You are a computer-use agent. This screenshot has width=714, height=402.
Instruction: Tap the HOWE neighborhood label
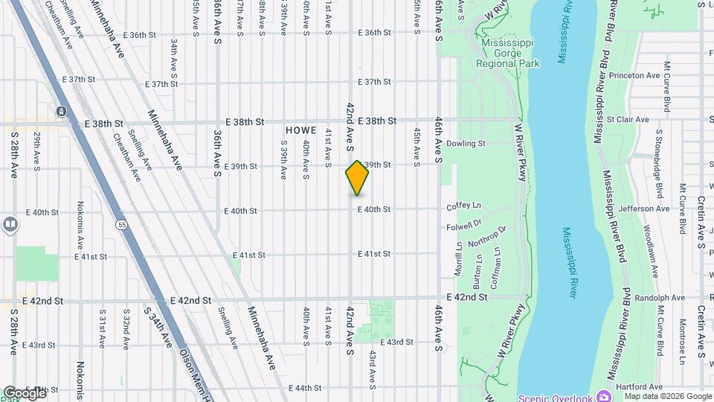pyautogui.click(x=300, y=130)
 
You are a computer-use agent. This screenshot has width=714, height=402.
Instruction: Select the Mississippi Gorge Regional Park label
pyautogui.click(x=509, y=53)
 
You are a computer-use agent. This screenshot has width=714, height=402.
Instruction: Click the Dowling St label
pyautogui.click(x=466, y=144)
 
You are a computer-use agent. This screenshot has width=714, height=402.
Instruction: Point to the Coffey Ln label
pyautogui.click(x=463, y=205)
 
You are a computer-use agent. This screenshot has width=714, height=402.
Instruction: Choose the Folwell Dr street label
pyautogui.click(x=464, y=223)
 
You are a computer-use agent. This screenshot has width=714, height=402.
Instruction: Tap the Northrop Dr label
pyautogui.click(x=487, y=237)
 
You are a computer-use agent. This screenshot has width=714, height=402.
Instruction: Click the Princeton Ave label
pyautogui.click(x=634, y=76)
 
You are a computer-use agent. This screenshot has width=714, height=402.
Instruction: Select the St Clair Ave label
pyautogui.click(x=628, y=119)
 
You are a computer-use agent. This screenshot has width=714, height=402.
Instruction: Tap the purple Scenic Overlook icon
pyautogui.click(x=602, y=397)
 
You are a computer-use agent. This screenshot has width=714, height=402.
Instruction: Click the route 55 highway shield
pyautogui.click(x=120, y=223)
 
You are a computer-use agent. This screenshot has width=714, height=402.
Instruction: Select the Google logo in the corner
pyautogui.click(x=24, y=392)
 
